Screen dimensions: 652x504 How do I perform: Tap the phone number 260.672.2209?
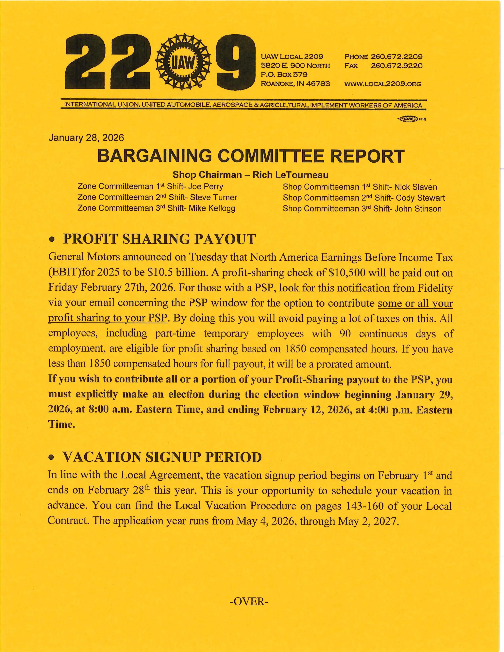coord(396,57)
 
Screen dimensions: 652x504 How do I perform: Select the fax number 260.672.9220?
coord(396,66)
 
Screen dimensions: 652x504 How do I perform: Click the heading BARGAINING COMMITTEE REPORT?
coord(251,156)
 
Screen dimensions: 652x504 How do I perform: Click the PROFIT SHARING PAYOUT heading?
coord(159,239)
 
